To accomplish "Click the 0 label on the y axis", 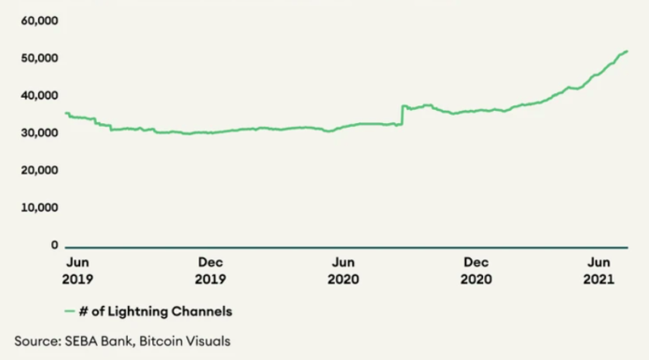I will click(x=54, y=245).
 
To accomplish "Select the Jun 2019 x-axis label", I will click(x=78, y=270).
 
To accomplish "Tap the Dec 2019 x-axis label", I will click(x=212, y=270).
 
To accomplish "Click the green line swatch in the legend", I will click(x=70, y=310).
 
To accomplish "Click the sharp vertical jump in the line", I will click(x=401, y=115).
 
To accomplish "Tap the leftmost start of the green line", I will click(x=65, y=113).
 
